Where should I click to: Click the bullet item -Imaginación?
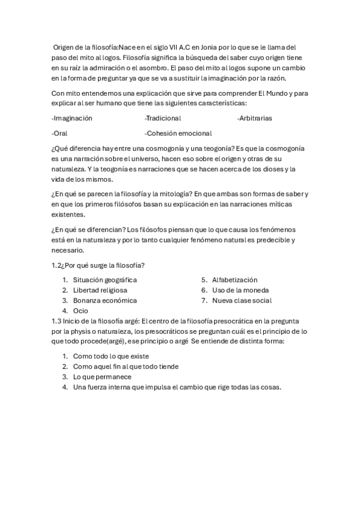pos(72,118)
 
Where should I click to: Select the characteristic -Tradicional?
pos(163,118)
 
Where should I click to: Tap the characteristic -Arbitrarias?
pos(254,118)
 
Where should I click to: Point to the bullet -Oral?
pos(59,133)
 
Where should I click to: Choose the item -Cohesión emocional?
pos(178,133)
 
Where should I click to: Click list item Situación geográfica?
pos(105,280)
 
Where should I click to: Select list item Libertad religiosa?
pos(100,290)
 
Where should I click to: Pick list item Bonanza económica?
pos(105,300)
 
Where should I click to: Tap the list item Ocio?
pos(81,311)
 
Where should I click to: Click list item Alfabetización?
pos(234,280)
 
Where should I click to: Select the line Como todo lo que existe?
pos(111,356)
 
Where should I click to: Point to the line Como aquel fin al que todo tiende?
pos(126,366)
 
